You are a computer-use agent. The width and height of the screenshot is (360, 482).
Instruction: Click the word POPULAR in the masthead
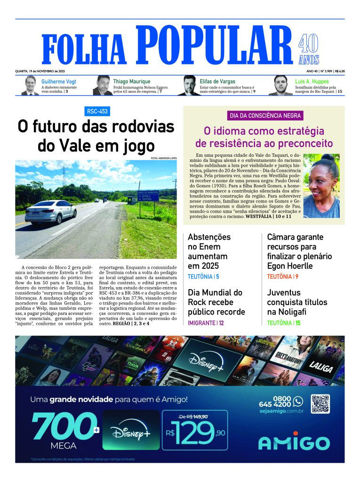click(215, 45)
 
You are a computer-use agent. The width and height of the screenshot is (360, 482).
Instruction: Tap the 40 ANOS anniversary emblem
click(309, 50)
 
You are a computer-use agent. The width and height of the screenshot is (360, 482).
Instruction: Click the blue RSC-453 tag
click(97, 112)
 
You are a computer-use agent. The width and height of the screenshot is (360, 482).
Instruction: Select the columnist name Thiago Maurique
click(132, 81)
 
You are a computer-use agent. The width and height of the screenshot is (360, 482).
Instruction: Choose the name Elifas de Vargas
click(217, 81)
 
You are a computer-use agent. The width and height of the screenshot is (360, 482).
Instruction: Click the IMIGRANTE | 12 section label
click(206, 323)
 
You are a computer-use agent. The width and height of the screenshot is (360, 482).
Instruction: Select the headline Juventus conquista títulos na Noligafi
click(297, 302)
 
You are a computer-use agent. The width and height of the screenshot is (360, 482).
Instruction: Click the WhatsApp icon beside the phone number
click(297, 401)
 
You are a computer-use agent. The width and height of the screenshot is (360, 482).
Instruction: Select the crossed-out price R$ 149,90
click(194, 416)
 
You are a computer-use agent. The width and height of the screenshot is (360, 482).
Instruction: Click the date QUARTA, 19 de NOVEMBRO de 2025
click(40, 71)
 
